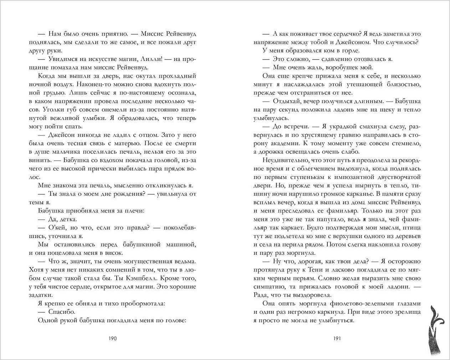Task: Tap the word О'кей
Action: (x=57, y=227)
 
